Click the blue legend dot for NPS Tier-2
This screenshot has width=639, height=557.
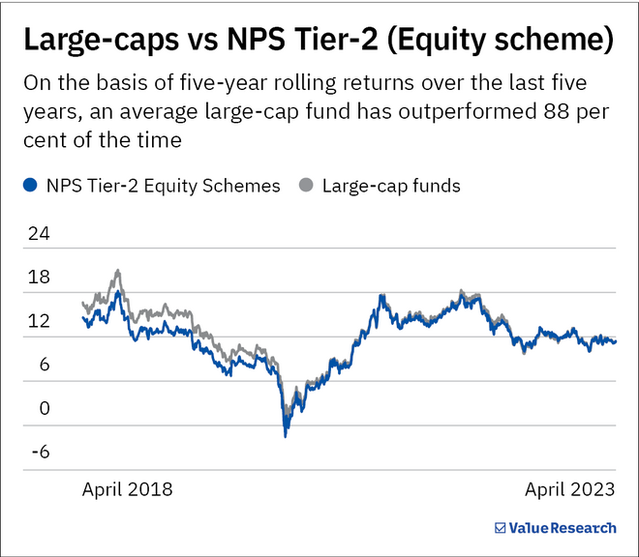(30, 186)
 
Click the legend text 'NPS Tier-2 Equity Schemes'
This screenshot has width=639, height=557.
(163, 186)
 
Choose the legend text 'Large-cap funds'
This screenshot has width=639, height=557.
(391, 186)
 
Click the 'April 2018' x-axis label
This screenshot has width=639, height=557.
(127, 489)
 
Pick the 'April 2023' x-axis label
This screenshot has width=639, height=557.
(569, 489)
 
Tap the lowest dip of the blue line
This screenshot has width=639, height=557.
(285, 436)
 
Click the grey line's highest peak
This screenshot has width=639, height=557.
(117, 271)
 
